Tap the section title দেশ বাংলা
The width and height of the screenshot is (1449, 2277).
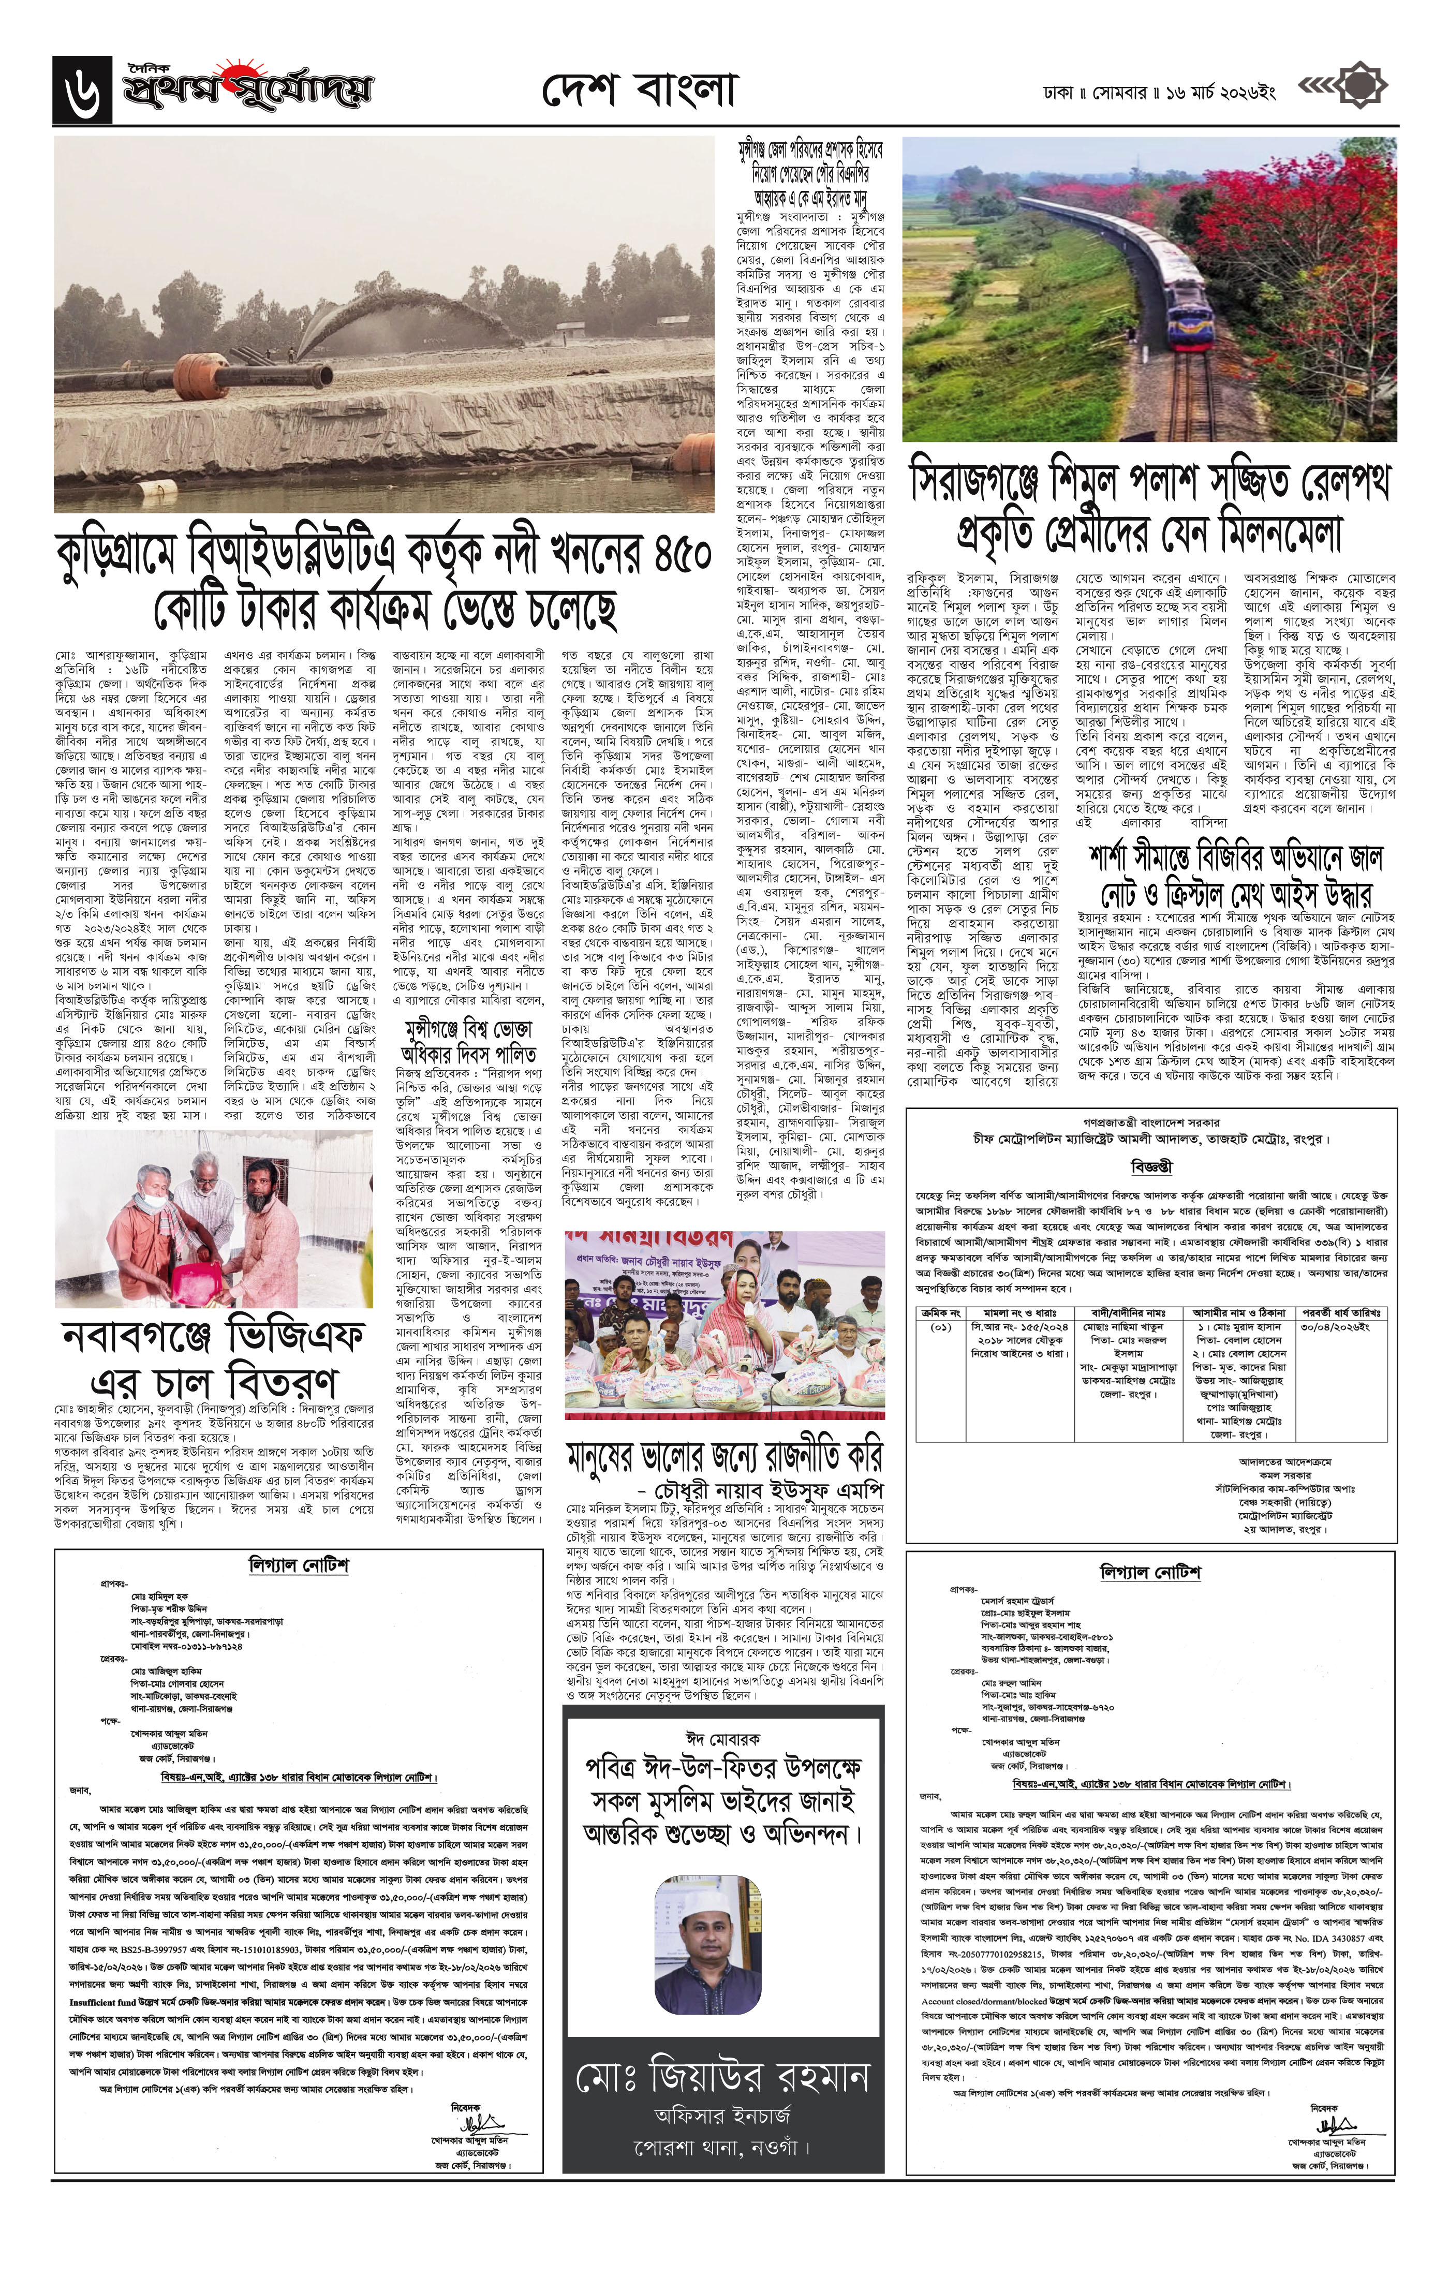(x=640, y=91)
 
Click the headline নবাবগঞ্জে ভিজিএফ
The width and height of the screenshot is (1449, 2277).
(x=213, y=1336)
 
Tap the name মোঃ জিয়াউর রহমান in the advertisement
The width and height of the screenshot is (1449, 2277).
(x=722, y=2077)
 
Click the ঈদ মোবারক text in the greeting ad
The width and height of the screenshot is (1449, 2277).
(x=722, y=1739)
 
